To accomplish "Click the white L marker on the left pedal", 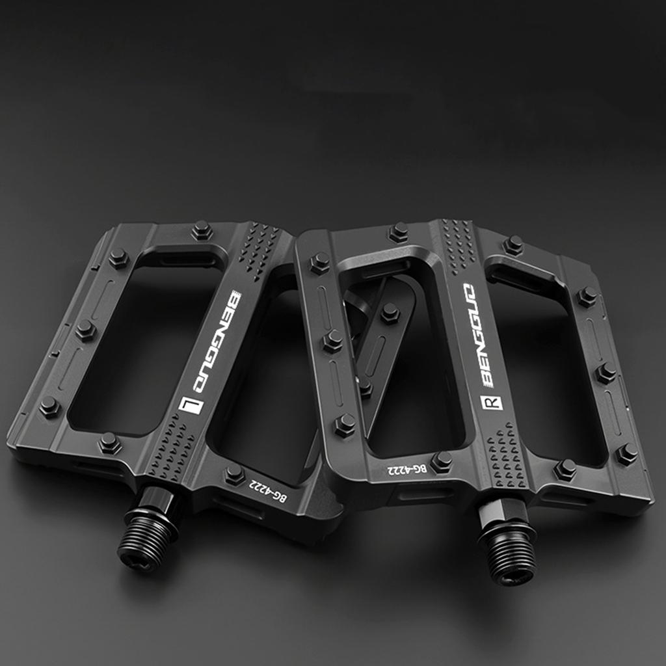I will click(191, 405).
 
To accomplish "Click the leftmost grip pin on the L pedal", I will click(50, 408).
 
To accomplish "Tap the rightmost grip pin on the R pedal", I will click(627, 454).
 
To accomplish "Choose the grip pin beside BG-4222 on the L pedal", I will click(235, 475).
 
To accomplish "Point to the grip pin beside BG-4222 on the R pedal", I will click(442, 461).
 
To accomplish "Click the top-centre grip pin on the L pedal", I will click(202, 230).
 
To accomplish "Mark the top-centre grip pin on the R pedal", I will click(398, 232).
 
